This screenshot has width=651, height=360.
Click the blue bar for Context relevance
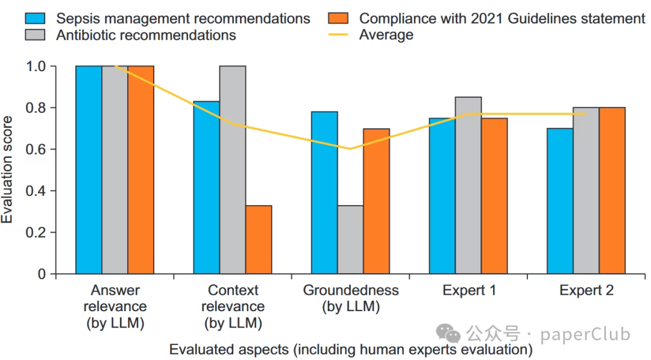click(206, 188)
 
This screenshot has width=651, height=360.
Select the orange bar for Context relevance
click(259, 239)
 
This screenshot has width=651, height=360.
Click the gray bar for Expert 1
click(468, 185)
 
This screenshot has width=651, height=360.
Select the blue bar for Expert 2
click(560, 201)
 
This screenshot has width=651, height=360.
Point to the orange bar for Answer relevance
click(141, 169)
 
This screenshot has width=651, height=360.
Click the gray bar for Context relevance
click(233, 169)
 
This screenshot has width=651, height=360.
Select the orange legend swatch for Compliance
click(339, 19)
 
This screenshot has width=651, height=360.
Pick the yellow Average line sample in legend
click(339, 34)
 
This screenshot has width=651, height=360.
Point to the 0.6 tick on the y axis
click(52, 149)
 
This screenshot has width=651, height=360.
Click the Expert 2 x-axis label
click(586, 291)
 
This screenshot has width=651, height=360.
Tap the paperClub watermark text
click(585, 333)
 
